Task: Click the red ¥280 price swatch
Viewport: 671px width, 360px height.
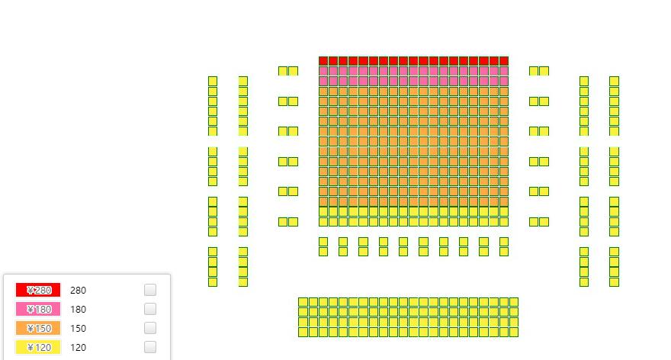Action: pyautogui.click(x=38, y=290)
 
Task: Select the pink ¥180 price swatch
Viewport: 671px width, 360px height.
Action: pyautogui.click(x=38, y=309)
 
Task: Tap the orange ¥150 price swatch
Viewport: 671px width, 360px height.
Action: pyautogui.click(x=38, y=328)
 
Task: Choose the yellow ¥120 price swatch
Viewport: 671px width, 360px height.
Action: pyautogui.click(x=38, y=347)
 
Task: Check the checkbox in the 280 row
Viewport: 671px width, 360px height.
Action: pyautogui.click(x=150, y=290)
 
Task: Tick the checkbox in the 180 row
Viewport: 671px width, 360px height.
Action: pyautogui.click(x=150, y=309)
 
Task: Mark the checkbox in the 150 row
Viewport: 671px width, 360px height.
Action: pyautogui.click(x=150, y=328)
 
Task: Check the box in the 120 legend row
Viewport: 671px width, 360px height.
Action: pyautogui.click(x=150, y=347)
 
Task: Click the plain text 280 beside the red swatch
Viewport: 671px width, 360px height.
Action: pyautogui.click(x=78, y=291)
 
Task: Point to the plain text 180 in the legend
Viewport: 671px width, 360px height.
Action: pyautogui.click(x=78, y=310)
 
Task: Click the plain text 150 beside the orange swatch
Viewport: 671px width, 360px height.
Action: pyautogui.click(x=78, y=329)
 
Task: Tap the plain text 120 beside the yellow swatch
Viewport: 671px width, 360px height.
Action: pyautogui.click(x=78, y=348)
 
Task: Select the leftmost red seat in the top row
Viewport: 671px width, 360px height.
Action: pyautogui.click(x=323, y=61)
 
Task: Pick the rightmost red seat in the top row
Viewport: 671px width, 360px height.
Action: pyautogui.click(x=504, y=61)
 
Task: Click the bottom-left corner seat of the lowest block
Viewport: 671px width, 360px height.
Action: pyautogui.click(x=303, y=332)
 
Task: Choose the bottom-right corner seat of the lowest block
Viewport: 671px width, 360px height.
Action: pyautogui.click(x=513, y=332)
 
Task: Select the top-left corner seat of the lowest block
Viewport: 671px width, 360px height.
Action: pyautogui.click(x=303, y=302)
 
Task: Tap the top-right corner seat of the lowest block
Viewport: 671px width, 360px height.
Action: pyautogui.click(x=513, y=302)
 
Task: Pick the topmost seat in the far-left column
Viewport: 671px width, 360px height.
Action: pyautogui.click(x=213, y=81)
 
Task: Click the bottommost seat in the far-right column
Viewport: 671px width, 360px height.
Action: pyautogui.click(x=614, y=282)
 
